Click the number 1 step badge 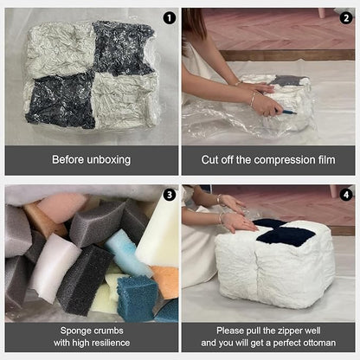[x=170, y=18]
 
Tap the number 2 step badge [x=346, y=18]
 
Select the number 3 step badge [x=170, y=195]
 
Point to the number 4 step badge [x=346, y=195]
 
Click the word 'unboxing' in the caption [x=107, y=160]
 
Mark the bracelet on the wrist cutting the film [x=253, y=100]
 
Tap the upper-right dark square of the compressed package [x=124, y=48]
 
